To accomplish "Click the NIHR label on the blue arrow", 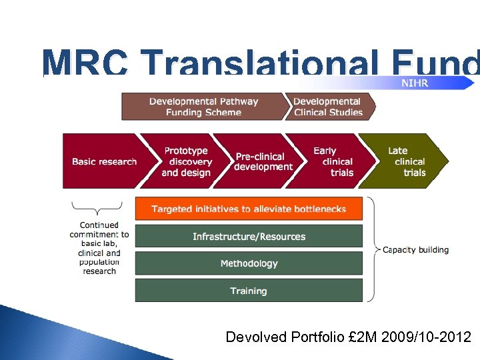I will pos(414,83).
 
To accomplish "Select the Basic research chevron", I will pos(103,161).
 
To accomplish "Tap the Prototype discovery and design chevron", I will pos(186,161).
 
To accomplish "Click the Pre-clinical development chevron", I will pos(263,161).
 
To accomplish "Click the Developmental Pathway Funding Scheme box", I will pos(203,107).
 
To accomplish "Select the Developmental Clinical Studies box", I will pos(328,107).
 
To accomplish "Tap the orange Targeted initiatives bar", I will pos(249,209).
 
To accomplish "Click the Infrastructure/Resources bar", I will pos(249,236).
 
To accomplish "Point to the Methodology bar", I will pos(249,263).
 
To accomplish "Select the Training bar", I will pos(249,291).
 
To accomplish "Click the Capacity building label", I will pos(415,250).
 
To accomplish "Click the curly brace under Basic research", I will pos(97,208).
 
